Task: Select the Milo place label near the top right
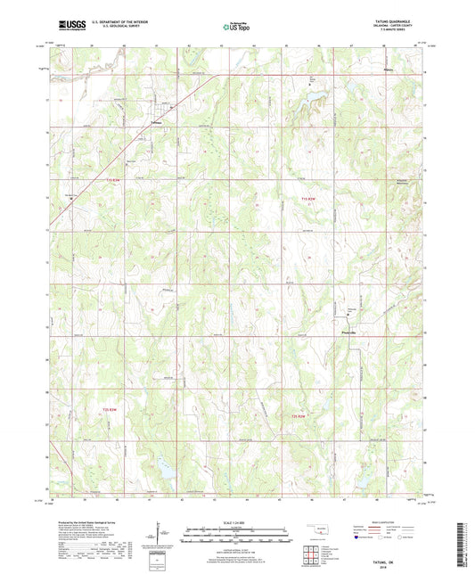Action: (x=387, y=69)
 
